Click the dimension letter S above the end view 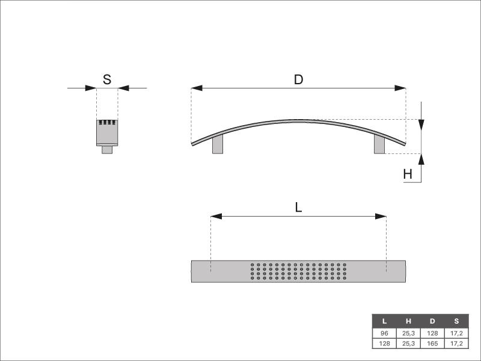point(107,79)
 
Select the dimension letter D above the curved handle point(298,79)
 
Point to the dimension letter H point(408,174)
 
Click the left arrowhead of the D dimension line point(197,88)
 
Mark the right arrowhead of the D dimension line point(400,88)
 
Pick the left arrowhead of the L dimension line point(216,216)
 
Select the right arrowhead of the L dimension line point(381,216)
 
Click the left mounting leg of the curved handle point(218,144)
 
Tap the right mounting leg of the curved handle point(379,144)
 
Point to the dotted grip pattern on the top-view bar point(298,271)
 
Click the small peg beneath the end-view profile point(107,150)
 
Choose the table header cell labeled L point(384,321)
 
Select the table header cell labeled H point(408,321)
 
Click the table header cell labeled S point(456,321)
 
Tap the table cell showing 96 point(384,333)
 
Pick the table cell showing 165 point(432,343)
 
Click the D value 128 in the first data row point(432,333)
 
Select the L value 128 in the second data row point(384,343)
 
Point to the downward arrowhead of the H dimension point(421,125)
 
